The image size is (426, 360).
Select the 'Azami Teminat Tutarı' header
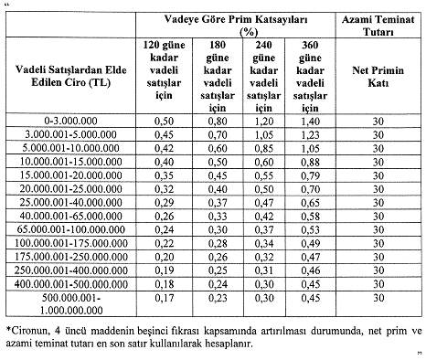[378, 25]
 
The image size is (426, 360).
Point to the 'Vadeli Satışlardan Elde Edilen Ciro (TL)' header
[70, 77]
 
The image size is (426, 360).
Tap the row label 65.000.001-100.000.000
[70, 228]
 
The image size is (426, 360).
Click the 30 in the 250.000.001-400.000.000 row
[378, 270]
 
